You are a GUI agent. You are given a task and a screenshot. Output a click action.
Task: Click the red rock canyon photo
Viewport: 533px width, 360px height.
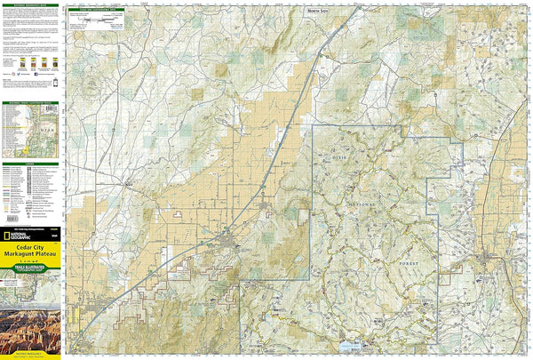[31, 329]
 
